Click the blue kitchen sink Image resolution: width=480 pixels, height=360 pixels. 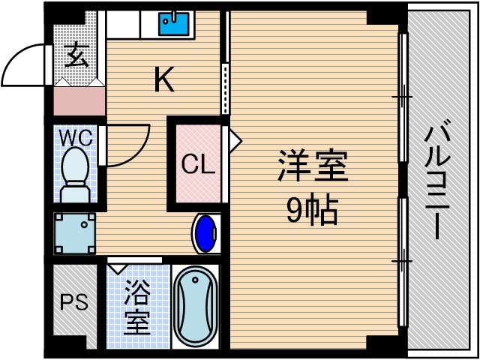(174, 24)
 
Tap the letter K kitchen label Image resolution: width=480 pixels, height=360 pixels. (164, 79)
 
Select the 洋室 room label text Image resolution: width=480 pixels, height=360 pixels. (313, 166)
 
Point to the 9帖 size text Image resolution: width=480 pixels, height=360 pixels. (313, 212)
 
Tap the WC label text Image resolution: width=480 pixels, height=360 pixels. (76, 139)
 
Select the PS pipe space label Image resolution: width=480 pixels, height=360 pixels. (74, 303)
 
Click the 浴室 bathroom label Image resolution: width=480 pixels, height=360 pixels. (136, 307)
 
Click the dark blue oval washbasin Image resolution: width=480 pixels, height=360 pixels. (205, 233)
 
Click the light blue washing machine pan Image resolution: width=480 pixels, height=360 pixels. (75, 233)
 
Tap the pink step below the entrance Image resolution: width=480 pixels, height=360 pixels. (79, 100)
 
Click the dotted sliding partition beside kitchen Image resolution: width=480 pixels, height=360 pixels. (223, 88)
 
